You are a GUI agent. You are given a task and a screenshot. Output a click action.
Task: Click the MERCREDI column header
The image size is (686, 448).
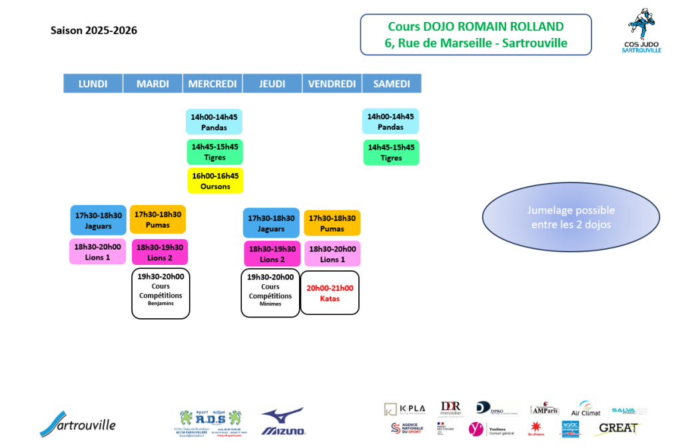click(212, 84)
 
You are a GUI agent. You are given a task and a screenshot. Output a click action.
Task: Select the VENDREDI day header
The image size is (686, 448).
click(332, 84)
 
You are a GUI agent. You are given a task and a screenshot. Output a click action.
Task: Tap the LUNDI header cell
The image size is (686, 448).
click(93, 84)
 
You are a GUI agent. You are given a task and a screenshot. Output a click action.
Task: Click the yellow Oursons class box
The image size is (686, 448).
click(215, 181)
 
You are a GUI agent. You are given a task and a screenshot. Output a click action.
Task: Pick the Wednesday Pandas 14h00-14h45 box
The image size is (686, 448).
click(214, 122)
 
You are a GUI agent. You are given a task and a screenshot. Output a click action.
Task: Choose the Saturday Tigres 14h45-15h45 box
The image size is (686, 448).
click(391, 152)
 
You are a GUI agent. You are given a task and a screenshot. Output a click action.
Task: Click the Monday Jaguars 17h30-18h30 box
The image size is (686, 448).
click(99, 220)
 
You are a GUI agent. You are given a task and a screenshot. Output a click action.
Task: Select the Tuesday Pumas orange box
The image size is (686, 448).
click(158, 220)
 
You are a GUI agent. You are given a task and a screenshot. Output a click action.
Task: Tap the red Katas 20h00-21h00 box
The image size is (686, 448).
click(330, 293)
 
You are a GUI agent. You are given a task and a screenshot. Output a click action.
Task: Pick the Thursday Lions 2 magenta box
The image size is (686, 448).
click(271, 254)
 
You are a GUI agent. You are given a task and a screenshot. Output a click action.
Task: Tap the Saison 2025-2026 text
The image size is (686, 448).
click(94, 31)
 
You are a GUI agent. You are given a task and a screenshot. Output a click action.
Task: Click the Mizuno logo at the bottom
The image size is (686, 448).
click(282, 422)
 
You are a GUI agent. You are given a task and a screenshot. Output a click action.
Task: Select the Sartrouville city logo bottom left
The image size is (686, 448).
click(77, 423)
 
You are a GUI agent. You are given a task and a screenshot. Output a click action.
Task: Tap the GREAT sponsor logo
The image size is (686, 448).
click(619, 428)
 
